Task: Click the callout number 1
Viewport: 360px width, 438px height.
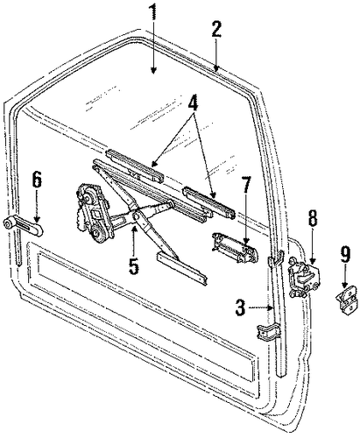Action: click(153, 14)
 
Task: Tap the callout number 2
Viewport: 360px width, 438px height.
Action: click(215, 28)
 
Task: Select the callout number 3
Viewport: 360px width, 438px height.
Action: click(241, 307)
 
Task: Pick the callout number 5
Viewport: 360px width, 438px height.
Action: click(133, 265)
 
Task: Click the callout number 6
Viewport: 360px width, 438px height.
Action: click(37, 180)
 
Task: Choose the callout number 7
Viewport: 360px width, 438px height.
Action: click(246, 184)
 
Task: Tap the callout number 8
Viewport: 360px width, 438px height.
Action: click(312, 217)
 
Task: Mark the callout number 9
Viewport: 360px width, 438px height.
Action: click(345, 255)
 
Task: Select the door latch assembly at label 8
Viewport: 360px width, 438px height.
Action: click(304, 277)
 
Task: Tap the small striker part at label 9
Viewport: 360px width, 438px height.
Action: click(346, 300)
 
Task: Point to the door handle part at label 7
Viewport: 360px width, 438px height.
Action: click(235, 247)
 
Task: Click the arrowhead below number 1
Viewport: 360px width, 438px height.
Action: click(153, 70)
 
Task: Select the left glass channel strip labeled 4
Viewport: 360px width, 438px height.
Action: click(134, 166)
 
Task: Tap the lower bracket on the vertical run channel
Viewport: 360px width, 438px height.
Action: click(268, 332)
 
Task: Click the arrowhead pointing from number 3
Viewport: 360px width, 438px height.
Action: click(271, 307)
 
